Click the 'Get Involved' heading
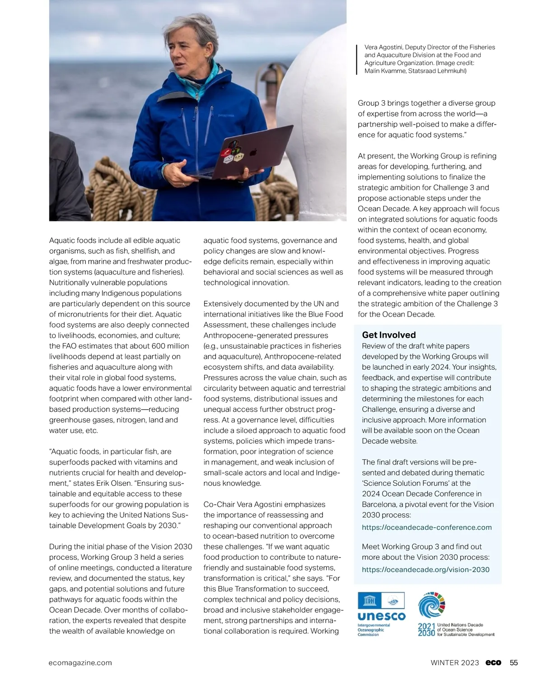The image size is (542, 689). [389, 335]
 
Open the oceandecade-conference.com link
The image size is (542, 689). [426, 527]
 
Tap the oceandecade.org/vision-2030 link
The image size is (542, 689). [425, 570]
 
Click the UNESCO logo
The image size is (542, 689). [381, 614]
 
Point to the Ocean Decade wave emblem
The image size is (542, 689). [432, 605]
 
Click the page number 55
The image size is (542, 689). [514, 663]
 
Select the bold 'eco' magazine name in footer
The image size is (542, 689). [493, 663]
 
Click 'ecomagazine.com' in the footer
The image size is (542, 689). [80, 663]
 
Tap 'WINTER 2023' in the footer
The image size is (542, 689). [455, 663]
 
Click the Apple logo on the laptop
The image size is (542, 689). [253, 153]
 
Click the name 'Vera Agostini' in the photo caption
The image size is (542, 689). [383, 47]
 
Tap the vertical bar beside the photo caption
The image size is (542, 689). [357, 59]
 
